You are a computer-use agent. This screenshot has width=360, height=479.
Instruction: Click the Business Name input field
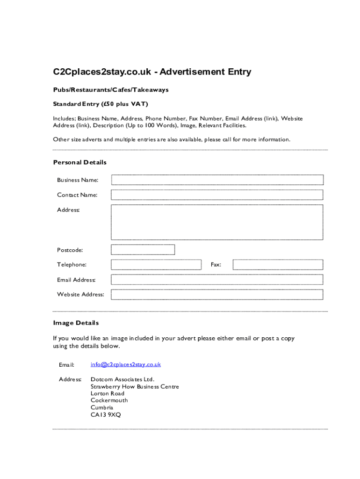click(x=217, y=180)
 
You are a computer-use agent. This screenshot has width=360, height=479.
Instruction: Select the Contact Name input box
click(x=217, y=195)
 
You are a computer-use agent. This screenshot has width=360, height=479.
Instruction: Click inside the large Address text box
click(x=217, y=222)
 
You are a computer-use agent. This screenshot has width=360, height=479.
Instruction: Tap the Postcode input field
click(x=143, y=250)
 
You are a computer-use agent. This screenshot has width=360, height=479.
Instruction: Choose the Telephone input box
click(x=156, y=265)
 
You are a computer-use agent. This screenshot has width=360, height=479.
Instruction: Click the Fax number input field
click(x=278, y=265)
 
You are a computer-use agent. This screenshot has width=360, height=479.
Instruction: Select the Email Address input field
click(x=217, y=280)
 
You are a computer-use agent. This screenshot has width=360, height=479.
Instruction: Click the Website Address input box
click(x=217, y=295)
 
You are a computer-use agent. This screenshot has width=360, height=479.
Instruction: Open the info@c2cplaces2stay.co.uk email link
click(x=126, y=364)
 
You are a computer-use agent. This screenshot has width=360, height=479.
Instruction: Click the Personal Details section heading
click(x=80, y=162)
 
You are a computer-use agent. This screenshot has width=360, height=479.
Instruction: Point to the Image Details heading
click(x=76, y=323)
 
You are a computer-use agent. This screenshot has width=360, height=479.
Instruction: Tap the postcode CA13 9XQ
click(x=106, y=414)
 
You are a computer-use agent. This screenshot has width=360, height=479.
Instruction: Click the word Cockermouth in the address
click(x=109, y=400)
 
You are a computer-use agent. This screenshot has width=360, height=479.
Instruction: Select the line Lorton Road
click(x=108, y=393)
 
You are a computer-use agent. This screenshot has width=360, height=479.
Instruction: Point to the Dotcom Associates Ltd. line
click(x=122, y=379)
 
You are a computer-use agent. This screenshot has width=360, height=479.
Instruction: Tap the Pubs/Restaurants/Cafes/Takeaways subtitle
click(x=111, y=89)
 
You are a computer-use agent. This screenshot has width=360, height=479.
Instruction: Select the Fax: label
click(x=216, y=265)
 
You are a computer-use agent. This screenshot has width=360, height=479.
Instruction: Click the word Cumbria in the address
click(x=102, y=407)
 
